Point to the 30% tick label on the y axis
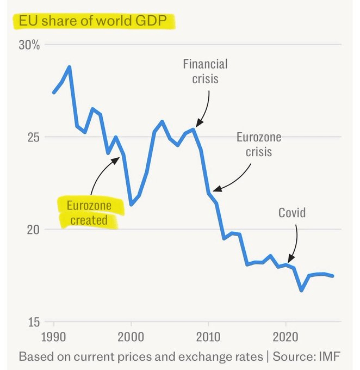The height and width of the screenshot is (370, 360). click(29, 45)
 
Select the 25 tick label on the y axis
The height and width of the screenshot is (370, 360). click(33, 137)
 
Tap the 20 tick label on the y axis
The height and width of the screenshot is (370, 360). click(33, 230)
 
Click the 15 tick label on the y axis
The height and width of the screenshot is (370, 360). click(33, 322)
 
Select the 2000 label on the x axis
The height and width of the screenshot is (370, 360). click(131, 336)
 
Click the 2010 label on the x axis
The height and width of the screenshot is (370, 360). click(209, 336)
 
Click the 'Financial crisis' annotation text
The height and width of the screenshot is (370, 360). click(205, 71)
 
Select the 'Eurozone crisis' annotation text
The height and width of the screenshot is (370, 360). click(258, 144)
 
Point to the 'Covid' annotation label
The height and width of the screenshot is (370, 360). click(292, 212)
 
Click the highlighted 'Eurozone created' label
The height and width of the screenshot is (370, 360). click(89, 213)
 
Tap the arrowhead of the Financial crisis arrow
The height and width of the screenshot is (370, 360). click(197, 126)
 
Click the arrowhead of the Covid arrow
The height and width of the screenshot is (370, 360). click(289, 261)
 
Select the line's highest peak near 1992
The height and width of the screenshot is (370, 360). click(69, 67)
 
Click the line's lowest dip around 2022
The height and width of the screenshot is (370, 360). click(301, 291)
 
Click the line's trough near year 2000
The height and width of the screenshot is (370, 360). click(131, 204)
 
